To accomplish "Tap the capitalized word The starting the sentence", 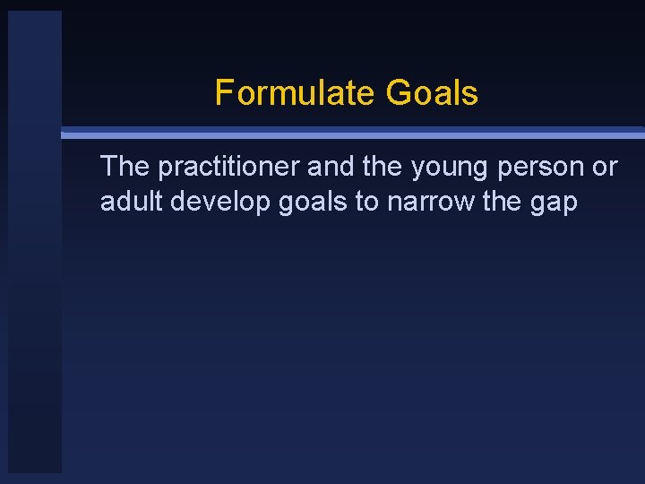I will point(125,167).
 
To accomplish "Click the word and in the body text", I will point(331,167).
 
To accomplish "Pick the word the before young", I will point(383,167).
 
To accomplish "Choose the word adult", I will point(132,202).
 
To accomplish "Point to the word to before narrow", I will point(367,203).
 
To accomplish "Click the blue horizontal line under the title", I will point(358,134).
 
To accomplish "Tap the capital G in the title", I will point(398,93).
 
